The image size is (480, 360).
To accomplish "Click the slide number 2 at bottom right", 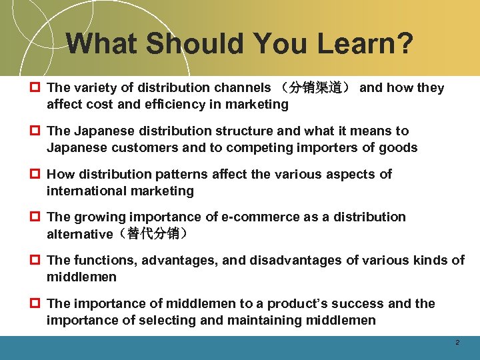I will (457, 342).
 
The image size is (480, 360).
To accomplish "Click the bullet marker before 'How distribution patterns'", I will (35, 175).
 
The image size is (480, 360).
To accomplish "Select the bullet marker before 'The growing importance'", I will (35, 217).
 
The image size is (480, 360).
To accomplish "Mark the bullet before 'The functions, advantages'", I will (35, 261).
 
